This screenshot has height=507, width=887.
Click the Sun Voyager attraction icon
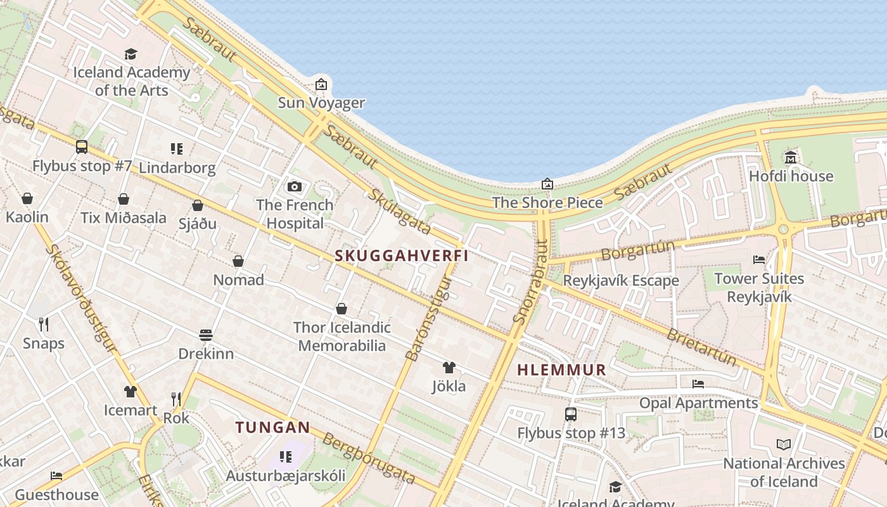tap(321, 84)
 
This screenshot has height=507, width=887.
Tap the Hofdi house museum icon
tap(791, 157)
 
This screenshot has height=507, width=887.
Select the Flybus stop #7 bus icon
tap(82, 147)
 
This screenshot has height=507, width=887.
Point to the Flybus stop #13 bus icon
tap(571, 414)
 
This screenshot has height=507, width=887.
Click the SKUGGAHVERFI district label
tap(402, 255)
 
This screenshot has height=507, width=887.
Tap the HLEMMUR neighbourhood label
tap(561, 370)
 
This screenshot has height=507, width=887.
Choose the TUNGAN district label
tap(273, 428)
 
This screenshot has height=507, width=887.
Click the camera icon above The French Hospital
tap(295, 186)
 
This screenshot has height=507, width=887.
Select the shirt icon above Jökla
tap(449, 367)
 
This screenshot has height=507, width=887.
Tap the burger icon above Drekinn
tap(206, 335)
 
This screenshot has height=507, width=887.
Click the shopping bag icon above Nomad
tap(238, 261)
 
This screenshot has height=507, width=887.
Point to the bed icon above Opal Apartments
tap(698, 384)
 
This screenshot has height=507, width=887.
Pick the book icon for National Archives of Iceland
tap(784, 444)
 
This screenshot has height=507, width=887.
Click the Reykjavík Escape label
tap(621, 280)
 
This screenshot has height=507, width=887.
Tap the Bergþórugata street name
tap(369, 458)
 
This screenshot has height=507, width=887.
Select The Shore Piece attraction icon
tap(547, 184)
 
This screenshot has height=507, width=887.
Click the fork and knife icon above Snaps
tap(44, 324)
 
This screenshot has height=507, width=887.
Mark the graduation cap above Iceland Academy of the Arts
tap(131, 54)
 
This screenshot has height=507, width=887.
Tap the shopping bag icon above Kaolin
tap(27, 198)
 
